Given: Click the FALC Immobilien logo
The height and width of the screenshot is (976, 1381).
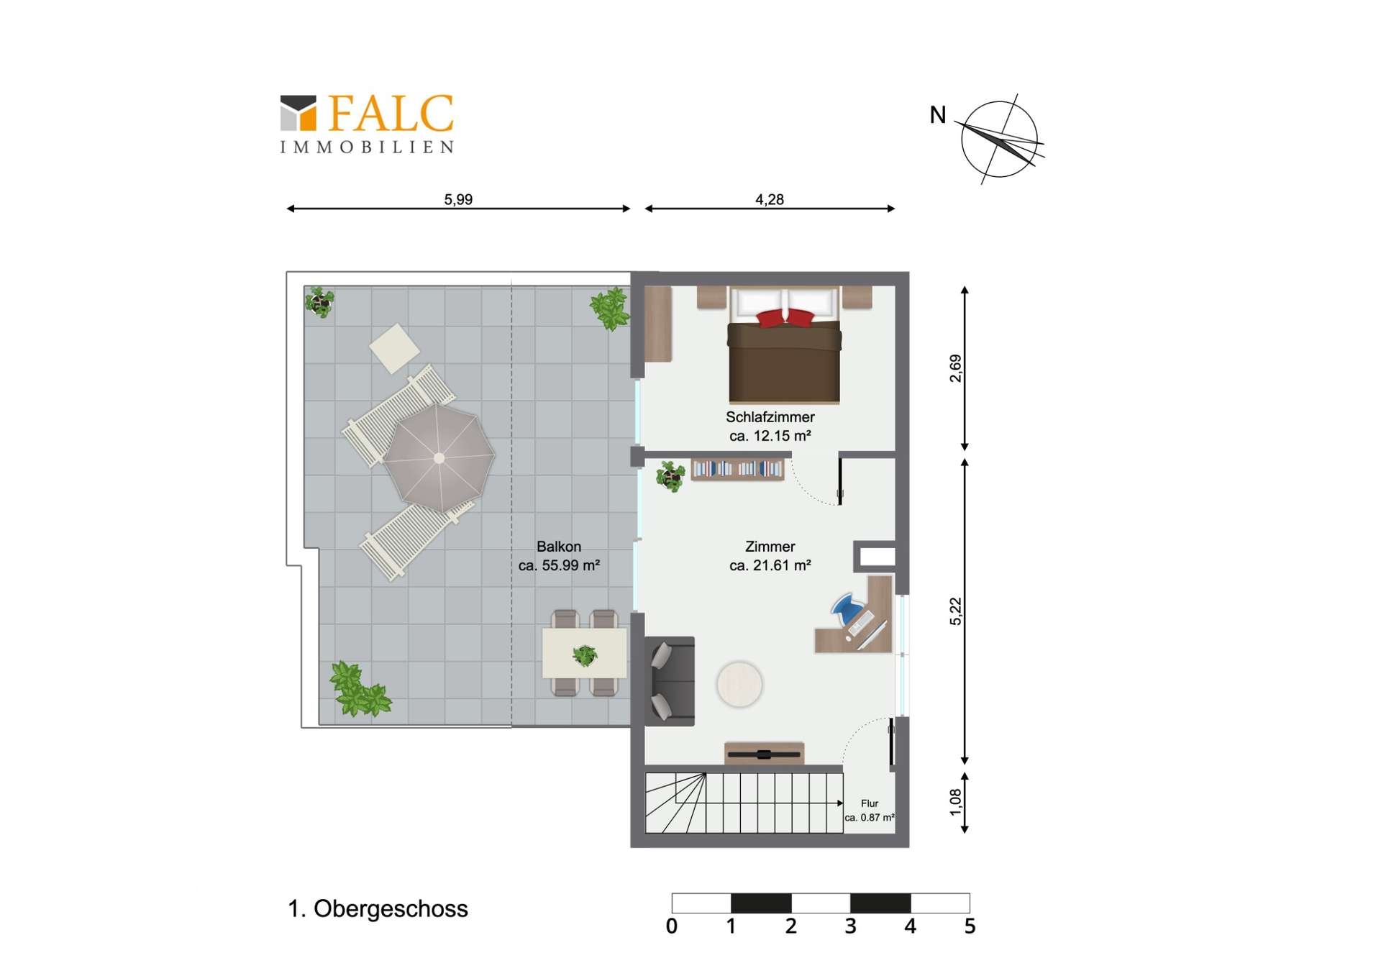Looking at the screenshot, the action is pyautogui.click(x=367, y=124).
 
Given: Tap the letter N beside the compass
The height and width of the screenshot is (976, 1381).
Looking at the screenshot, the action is pyautogui.click(x=937, y=115).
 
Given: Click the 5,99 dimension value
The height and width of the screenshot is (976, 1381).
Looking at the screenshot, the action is pyautogui.click(x=458, y=199).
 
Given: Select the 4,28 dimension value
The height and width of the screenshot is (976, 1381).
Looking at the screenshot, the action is pyautogui.click(x=769, y=199).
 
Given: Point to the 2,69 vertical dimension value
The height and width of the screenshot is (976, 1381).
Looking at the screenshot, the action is pyautogui.click(x=955, y=368).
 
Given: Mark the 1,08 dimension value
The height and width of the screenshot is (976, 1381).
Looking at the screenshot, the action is pyautogui.click(x=955, y=803).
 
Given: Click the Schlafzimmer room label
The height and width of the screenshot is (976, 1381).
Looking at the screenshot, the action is pyautogui.click(x=770, y=417).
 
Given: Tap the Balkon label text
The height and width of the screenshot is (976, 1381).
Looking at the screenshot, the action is pyautogui.click(x=559, y=547).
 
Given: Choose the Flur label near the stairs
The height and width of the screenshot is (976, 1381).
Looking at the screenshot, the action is pyautogui.click(x=870, y=803).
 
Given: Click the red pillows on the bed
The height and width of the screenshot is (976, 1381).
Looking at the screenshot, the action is pyautogui.click(x=785, y=317).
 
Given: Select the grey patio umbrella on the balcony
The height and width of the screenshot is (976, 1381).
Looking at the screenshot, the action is pyautogui.click(x=439, y=457).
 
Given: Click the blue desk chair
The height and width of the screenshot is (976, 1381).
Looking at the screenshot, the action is pyautogui.click(x=847, y=608).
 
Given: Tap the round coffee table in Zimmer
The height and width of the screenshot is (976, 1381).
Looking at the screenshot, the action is pyautogui.click(x=739, y=684).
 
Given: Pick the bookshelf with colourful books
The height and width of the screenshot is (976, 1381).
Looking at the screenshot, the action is pyautogui.click(x=737, y=469).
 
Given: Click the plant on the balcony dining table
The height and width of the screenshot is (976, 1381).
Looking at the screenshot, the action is pyautogui.click(x=585, y=655).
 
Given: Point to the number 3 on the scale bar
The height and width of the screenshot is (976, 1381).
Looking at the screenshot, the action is pyautogui.click(x=850, y=926).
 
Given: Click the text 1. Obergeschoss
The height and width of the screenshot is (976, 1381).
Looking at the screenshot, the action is pyautogui.click(x=378, y=908).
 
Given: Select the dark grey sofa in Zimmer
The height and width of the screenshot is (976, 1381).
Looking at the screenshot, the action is pyautogui.click(x=670, y=681).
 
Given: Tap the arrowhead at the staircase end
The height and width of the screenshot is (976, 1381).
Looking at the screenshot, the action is pyautogui.click(x=840, y=803).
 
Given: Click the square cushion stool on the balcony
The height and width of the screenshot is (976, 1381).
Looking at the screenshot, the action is pyautogui.click(x=394, y=349).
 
